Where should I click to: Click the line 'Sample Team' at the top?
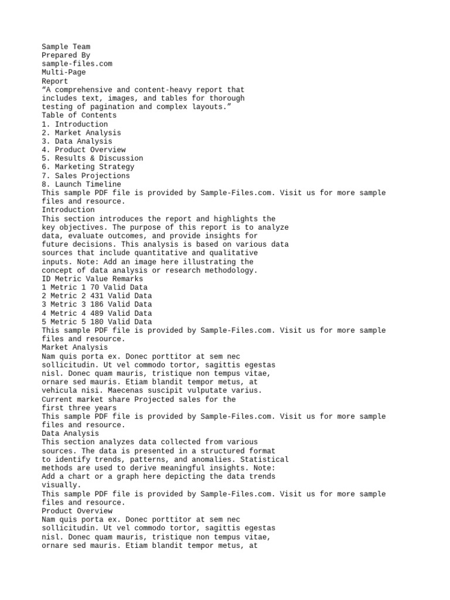(66, 47)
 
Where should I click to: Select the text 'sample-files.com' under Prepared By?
(77, 64)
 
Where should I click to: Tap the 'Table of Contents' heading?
(79, 115)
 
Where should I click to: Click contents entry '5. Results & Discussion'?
(92, 158)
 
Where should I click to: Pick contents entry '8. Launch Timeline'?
(81, 185)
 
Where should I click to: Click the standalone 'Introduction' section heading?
(68, 210)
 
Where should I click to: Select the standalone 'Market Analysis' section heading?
(74, 347)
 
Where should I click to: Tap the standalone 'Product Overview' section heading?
(77, 511)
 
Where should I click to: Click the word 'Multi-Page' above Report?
(63, 73)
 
